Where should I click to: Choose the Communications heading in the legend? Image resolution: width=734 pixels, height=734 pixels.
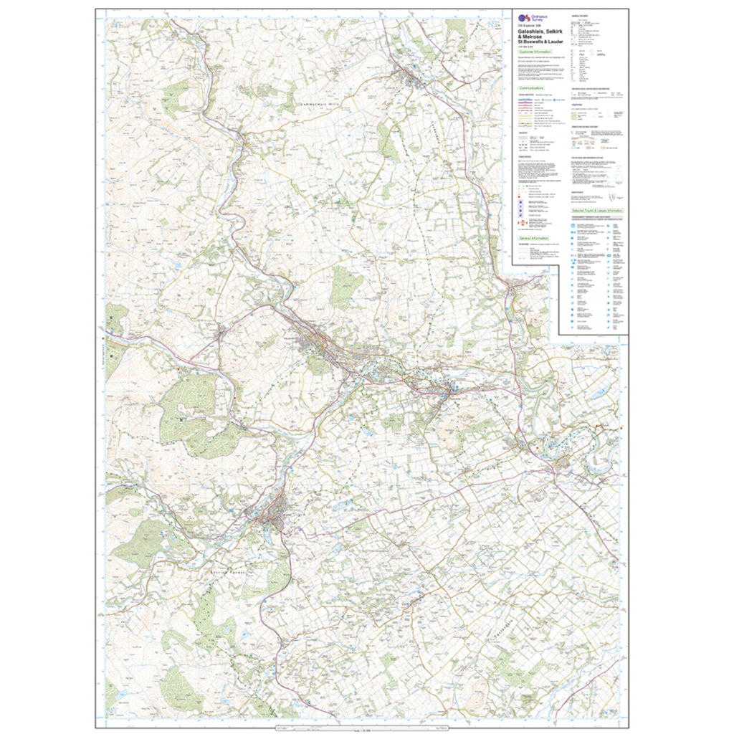click(533, 87)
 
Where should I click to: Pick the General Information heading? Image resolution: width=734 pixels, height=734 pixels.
click(535, 237)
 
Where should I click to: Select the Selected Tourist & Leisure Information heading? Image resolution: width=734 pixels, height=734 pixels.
click(598, 211)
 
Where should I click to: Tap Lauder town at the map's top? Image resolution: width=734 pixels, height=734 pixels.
click(411, 74)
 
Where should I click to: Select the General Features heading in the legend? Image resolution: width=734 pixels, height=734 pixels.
click(579, 15)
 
